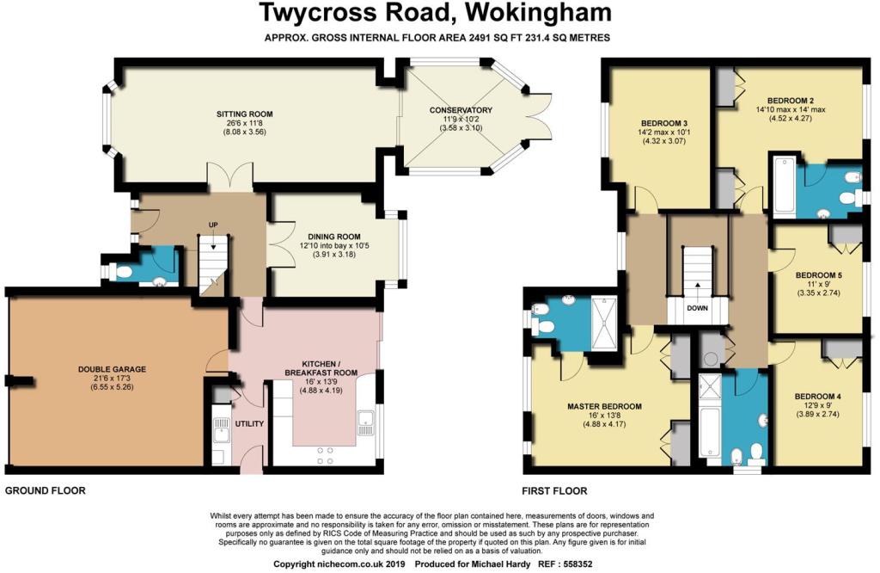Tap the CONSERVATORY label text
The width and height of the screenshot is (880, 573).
pos(461,110)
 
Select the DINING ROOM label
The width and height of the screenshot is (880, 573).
pos(334,237)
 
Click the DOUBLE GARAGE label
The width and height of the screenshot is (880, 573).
pos(112,369)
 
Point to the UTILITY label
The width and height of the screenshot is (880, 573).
pos(249,423)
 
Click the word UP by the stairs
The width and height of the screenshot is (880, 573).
pos(213,225)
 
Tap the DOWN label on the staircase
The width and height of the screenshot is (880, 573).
pos(698,308)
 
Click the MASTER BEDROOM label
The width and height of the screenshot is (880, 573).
pos(604,406)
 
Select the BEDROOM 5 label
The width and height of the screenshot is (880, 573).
pos(819,275)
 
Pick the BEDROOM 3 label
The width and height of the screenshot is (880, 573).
pos(664,123)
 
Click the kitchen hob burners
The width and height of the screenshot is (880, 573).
pos(325,456)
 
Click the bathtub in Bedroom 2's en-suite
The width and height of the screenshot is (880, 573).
pos(784,187)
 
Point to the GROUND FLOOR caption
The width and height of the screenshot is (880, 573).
pos(46,491)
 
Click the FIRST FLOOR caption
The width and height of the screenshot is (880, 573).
pos(554,491)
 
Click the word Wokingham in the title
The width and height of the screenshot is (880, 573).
pos(535,13)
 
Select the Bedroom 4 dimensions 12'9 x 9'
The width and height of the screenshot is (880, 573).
pos(818,405)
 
